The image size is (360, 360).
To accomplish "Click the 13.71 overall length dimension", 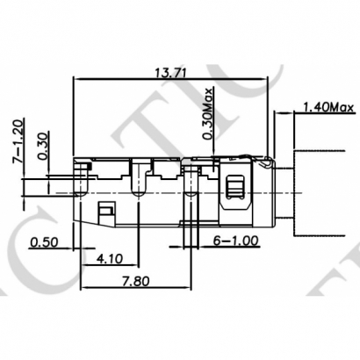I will click(x=169, y=72).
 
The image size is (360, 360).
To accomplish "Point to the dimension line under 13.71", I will click(x=169, y=80).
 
